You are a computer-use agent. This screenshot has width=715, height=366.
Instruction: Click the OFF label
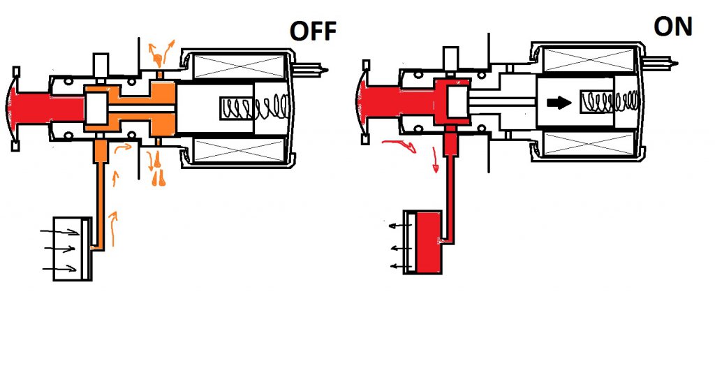pos(313,31)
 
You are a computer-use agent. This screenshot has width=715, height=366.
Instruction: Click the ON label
pos(673,27)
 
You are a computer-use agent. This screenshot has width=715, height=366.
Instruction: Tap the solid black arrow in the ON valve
pos(559,102)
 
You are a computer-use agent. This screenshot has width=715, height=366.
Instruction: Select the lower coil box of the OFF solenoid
pos(239,151)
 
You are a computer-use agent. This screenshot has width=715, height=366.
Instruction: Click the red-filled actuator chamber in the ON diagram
pos(427,242)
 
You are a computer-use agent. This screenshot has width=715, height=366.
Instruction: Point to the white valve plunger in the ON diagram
pos(455,101)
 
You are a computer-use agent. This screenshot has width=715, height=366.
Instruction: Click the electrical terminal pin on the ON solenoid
pos(661,62)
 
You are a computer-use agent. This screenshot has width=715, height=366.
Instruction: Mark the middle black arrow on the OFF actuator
pos(59,249)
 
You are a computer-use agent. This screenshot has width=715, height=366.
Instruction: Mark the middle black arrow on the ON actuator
pos(401,248)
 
